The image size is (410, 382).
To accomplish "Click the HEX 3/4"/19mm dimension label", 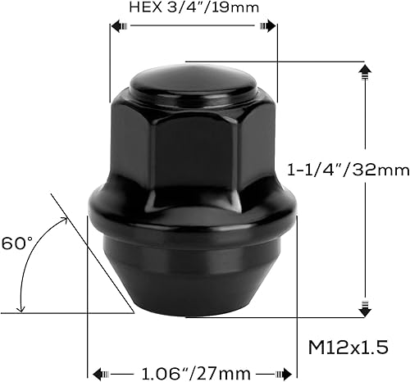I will click(x=193, y=8).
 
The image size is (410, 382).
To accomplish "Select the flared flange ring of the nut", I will click(x=192, y=220).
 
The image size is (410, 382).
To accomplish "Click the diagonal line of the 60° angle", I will click(x=90, y=253).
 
